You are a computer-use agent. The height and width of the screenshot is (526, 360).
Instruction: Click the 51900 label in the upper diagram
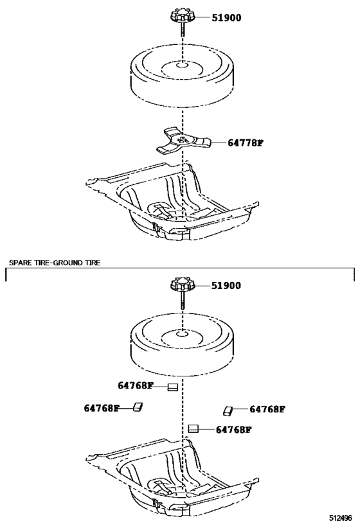pos(226,18)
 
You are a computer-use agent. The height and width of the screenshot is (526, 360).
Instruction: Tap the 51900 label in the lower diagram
pos(226,286)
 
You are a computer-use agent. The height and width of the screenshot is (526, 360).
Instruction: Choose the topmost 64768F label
pos(136,386)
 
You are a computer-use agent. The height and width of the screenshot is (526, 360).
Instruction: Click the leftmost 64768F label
pos(102,408)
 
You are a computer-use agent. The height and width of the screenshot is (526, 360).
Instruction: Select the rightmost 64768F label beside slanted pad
pos(267,408)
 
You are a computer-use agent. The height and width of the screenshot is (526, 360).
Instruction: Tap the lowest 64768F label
pos(233,430)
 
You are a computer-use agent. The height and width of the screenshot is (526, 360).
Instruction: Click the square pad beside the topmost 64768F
pos(172,387)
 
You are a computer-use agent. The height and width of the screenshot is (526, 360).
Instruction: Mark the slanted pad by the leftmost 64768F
pos(138,407)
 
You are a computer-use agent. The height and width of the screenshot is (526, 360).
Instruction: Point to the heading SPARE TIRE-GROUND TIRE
pos(55,263)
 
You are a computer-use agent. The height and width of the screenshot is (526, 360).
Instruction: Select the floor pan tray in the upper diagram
pos(174,206)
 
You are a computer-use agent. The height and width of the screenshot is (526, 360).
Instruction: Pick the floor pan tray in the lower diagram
pos(174,475)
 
